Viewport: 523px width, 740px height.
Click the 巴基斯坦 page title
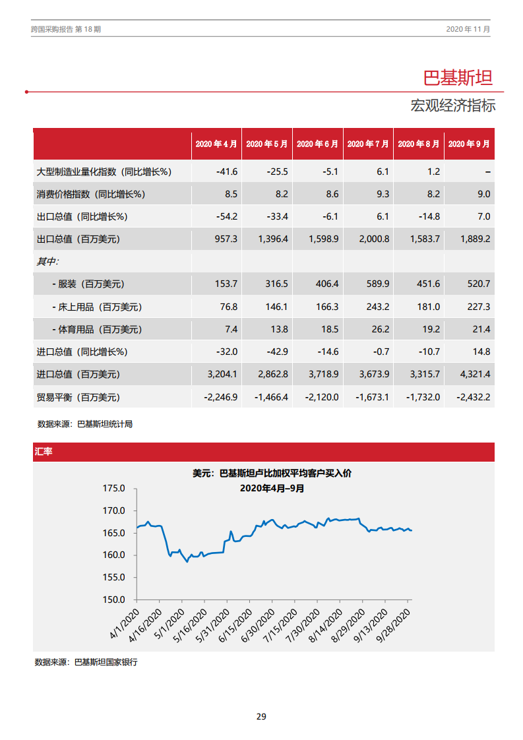coord(457,78)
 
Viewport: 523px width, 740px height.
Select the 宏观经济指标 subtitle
coord(452,106)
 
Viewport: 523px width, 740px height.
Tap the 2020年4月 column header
coord(216,144)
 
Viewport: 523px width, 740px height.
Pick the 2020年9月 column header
coord(468,144)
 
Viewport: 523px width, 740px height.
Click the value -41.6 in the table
coord(226,171)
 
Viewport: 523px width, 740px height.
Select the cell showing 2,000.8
coord(374,239)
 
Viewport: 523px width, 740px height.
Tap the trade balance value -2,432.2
coord(473,397)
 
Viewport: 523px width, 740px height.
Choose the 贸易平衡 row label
coord(78,397)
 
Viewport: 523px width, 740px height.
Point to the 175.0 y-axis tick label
coord(113,489)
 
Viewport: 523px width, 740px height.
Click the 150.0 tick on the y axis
coord(113,600)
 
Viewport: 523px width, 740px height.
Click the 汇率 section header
coord(44,452)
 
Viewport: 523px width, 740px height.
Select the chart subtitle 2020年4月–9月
coord(272,488)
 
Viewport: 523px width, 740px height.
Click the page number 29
coord(261,716)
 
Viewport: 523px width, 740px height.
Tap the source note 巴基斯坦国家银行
coord(106,662)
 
